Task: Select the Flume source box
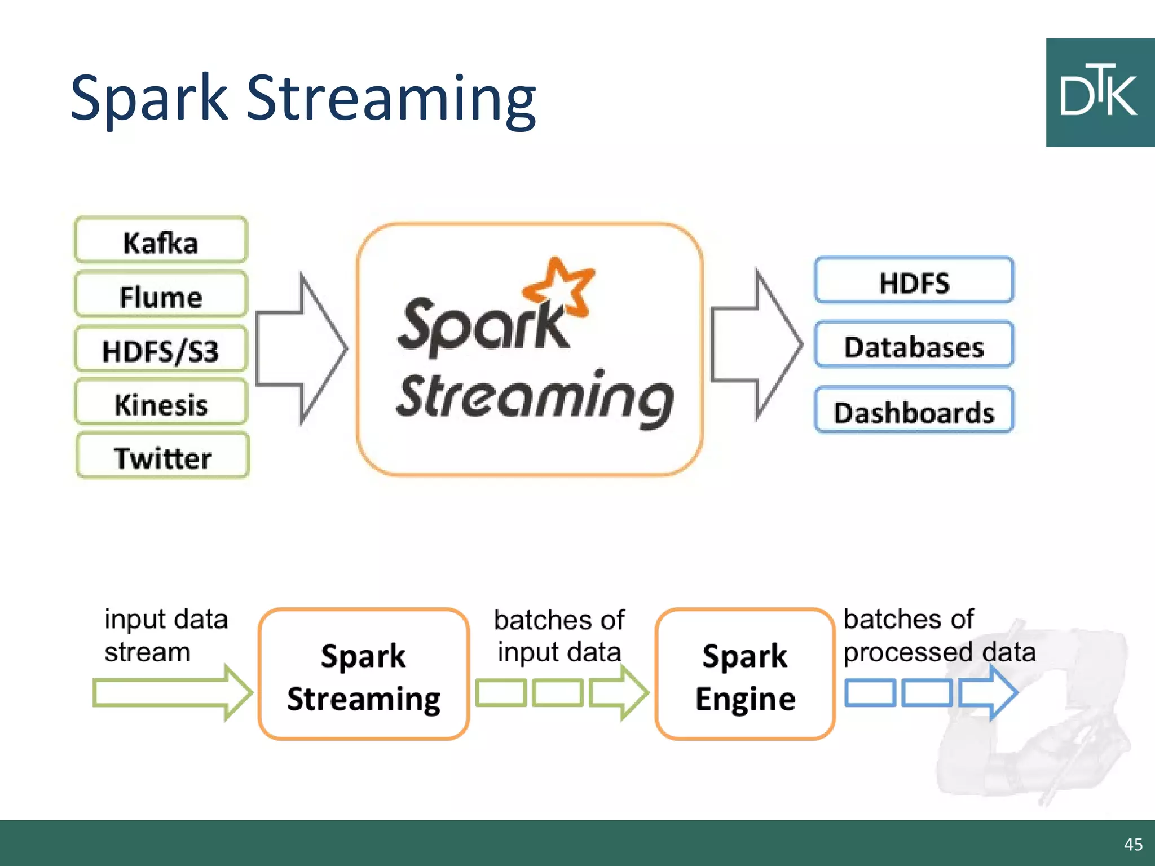[161, 295]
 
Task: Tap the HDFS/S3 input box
[161, 349]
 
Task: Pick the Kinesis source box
[161, 403]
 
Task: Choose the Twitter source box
[162, 456]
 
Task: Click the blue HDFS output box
[914, 281]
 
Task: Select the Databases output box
[914, 345]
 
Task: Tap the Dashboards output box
[914, 410]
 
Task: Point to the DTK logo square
[1100, 93]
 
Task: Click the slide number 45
[1132, 844]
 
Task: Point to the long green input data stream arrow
[169, 692]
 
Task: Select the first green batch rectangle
[500, 692]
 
